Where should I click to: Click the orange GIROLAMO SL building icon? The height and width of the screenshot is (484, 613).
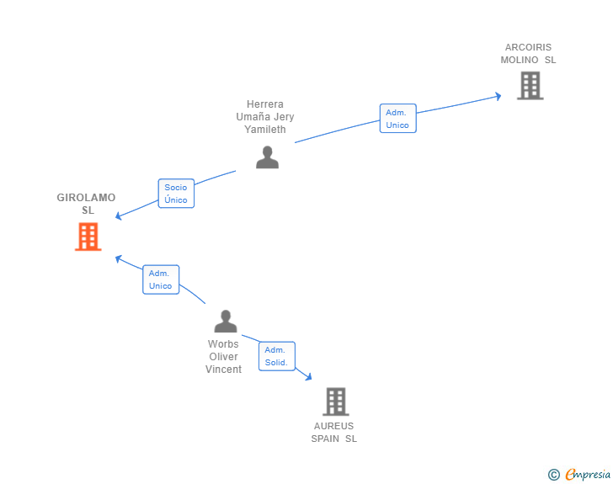(88, 237)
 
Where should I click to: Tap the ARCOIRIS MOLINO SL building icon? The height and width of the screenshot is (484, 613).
(530, 86)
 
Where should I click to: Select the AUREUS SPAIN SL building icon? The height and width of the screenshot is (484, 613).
(336, 402)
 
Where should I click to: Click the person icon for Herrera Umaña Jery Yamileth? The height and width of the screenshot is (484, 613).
(268, 157)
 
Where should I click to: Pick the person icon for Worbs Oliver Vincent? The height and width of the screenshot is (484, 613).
(226, 321)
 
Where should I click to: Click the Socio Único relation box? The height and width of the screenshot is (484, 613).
(176, 194)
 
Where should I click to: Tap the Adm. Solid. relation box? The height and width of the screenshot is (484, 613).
(277, 356)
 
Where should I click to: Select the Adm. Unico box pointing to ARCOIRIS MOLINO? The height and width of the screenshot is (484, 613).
(398, 119)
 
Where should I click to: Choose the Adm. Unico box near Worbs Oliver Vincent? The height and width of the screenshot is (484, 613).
(161, 279)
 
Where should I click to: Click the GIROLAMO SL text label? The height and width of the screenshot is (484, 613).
(87, 204)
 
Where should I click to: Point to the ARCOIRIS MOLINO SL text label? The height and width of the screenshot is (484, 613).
(528, 54)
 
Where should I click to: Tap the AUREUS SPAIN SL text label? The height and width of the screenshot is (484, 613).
(333, 433)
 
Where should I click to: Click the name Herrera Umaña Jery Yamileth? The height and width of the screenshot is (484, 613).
(265, 116)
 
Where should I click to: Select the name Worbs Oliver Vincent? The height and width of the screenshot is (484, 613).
(223, 357)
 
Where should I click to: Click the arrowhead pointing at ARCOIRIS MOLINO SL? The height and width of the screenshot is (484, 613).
(498, 96)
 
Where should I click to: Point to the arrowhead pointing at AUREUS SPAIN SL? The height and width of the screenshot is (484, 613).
(309, 377)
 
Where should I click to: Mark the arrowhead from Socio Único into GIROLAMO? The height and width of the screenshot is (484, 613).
(119, 215)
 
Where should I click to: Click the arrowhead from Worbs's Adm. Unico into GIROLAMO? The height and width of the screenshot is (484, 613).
(119, 258)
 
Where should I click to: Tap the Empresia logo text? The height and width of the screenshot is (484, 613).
(588, 474)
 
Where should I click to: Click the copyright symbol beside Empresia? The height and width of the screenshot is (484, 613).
(554, 475)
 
